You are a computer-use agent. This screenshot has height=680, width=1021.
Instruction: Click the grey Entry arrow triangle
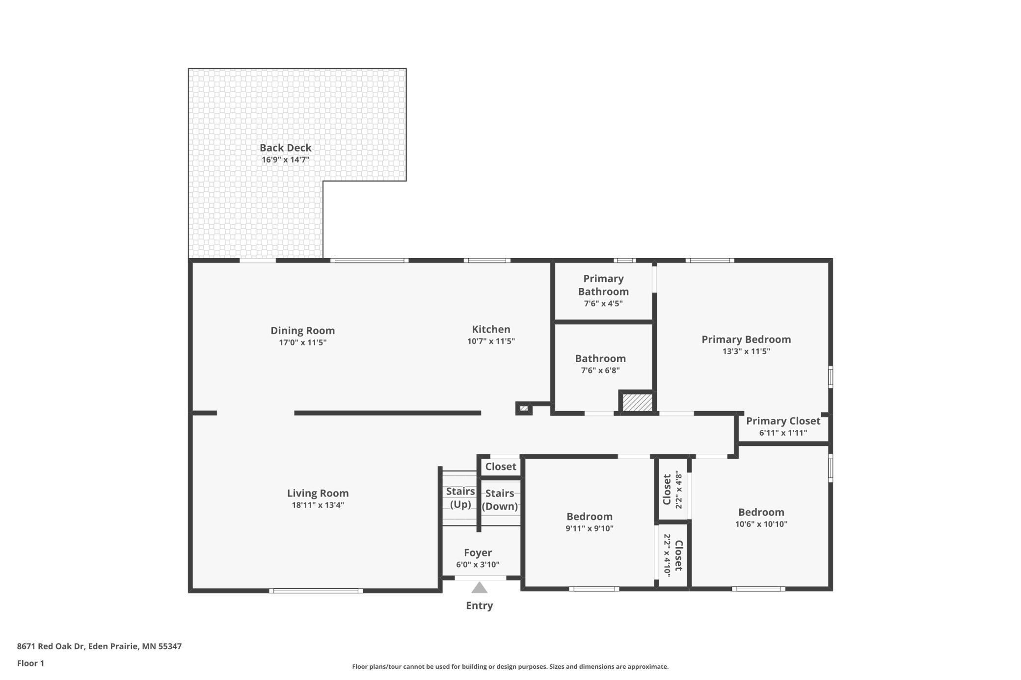point(479,588)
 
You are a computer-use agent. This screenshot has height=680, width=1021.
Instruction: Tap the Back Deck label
point(285,148)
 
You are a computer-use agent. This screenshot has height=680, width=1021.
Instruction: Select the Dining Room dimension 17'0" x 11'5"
point(302,342)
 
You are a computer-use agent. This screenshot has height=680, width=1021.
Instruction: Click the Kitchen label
point(491,329)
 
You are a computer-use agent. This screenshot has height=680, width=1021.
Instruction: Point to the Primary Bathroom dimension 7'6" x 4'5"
point(603,303)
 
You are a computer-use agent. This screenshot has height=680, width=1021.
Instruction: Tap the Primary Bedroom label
point(746,340)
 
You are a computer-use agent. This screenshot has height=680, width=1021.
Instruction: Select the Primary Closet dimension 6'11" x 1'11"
point(783,433)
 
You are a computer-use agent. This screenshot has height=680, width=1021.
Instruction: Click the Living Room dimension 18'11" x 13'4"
point(318,505)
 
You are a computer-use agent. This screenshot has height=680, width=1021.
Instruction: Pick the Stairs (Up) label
point(460,497)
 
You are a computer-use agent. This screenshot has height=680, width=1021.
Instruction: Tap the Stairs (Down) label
point(500,499)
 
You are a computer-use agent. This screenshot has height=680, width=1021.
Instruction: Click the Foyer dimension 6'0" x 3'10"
point(478,565)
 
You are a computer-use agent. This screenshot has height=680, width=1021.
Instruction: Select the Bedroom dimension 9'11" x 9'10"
point(589,528)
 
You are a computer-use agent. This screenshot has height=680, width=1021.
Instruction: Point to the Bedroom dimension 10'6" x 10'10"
point(761,524)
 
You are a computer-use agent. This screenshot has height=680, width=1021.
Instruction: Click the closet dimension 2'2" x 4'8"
point(679,490)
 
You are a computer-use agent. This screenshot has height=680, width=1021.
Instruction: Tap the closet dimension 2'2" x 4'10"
point(667,554)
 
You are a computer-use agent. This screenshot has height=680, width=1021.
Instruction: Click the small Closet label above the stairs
point(501,467)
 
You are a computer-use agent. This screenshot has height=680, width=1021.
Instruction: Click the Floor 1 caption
point(30,663)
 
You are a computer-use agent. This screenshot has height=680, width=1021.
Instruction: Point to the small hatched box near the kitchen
point(524,408)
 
